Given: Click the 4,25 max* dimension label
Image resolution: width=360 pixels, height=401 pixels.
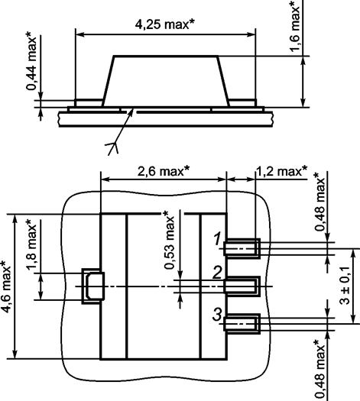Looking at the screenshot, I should click(x=166, y=24).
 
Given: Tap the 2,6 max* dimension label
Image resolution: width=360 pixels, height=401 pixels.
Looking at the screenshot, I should click(x=164, y=171).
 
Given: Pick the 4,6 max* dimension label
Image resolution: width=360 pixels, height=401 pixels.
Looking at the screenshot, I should click(x=8, y=287).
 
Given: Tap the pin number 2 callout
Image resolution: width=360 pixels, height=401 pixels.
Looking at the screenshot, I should click(x=218, y=272).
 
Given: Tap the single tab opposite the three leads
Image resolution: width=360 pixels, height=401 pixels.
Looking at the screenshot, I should click(x=92, y=286).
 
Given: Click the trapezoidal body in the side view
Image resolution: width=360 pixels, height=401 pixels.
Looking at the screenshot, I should click(x=166, y=80).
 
